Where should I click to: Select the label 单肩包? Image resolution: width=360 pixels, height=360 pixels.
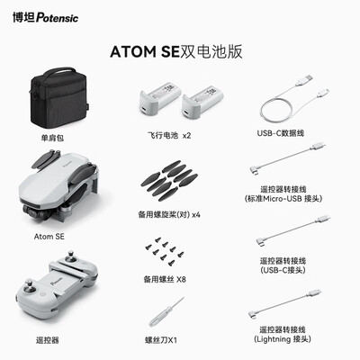pos(53,137)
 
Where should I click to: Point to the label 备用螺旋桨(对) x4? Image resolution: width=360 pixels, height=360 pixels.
pos(170,214)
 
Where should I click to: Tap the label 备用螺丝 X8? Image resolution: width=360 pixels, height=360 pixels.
pos(170,278)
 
